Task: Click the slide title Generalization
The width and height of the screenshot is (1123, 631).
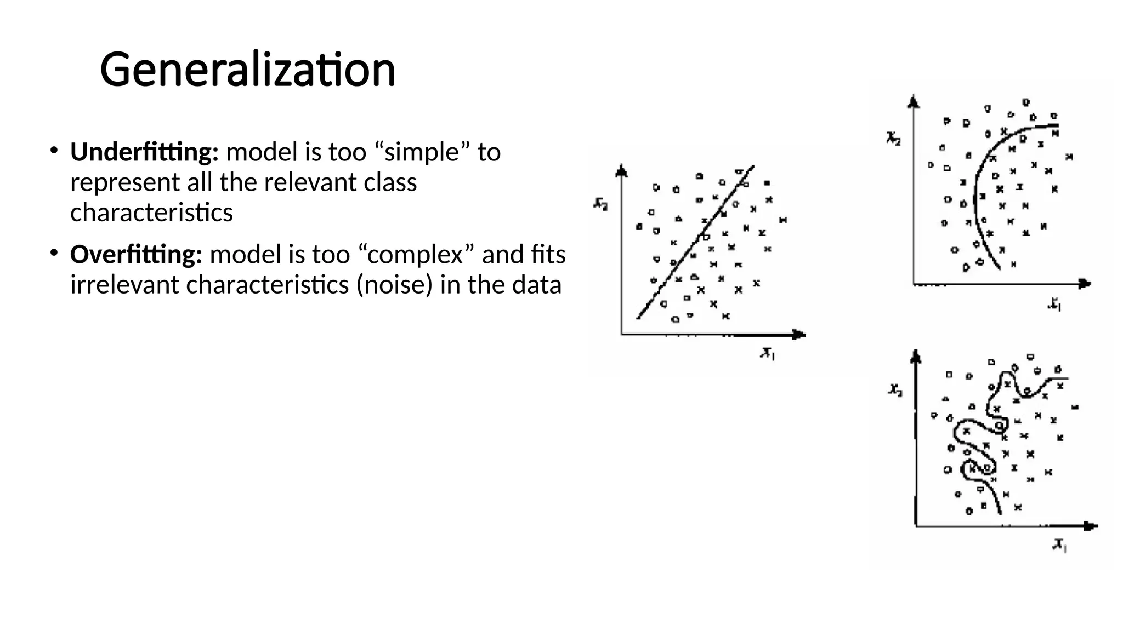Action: click(247, 70)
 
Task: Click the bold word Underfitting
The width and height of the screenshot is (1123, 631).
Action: click(144, 152)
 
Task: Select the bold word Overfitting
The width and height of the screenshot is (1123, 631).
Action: click(136, 255)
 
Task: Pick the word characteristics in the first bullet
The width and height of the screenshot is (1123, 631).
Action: click(151, 213)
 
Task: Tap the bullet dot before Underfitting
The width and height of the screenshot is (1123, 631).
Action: click(53, 150)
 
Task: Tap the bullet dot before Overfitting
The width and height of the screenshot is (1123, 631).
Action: click(53, 253)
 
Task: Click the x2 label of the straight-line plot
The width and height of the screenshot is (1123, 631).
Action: click(600, 205)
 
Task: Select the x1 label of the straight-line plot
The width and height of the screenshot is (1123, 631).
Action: click(767, 354)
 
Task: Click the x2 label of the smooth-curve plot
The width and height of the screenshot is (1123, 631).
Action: click(893, 139)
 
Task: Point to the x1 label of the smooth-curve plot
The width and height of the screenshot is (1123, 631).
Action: click(1054, 304)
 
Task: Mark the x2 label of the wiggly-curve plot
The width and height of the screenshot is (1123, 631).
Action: click(895, 390)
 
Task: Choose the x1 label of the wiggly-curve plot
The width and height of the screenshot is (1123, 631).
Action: click(1059, 545)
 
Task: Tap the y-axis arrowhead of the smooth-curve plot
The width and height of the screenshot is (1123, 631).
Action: click(913, 101)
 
